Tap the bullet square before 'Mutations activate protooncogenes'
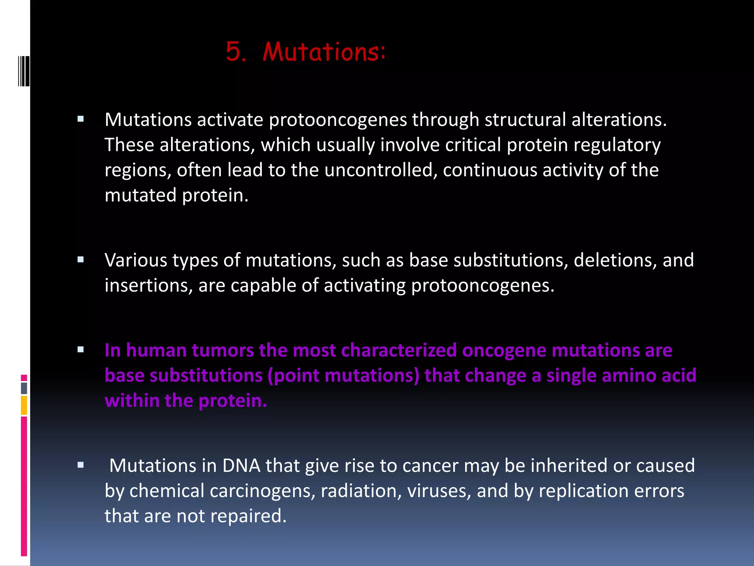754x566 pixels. [x=81, y=119]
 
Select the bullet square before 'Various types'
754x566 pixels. [x=81, y=260]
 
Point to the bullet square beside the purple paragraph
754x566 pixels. [x=81, y=350]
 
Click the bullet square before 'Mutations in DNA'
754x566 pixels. [x=81, y=465]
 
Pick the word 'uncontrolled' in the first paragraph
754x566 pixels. [x=379, y=170]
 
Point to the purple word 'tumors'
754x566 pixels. [x=223, y=350]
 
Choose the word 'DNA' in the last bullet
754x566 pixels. [x=241, y=466]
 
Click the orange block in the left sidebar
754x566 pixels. [x=24, y=405]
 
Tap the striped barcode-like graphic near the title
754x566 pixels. [x=24, y=71]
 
